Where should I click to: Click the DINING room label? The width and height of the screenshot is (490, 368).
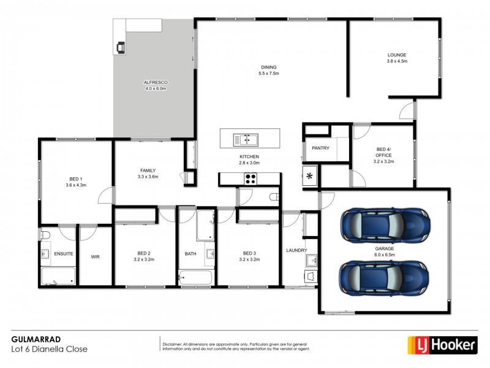(268, 67)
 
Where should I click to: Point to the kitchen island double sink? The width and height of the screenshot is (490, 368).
(246, 140)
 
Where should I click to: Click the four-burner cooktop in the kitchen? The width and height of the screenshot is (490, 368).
(251, 179)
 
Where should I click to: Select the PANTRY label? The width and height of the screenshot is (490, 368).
(320, 148)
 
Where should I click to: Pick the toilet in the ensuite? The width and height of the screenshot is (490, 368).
(45, 235)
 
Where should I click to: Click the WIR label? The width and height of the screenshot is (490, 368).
(95, 256)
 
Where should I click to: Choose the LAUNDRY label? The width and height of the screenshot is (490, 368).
(296, 250)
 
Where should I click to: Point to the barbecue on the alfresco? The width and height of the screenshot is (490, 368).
(121, 46)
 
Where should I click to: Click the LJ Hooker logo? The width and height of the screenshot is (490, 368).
(442, 345)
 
